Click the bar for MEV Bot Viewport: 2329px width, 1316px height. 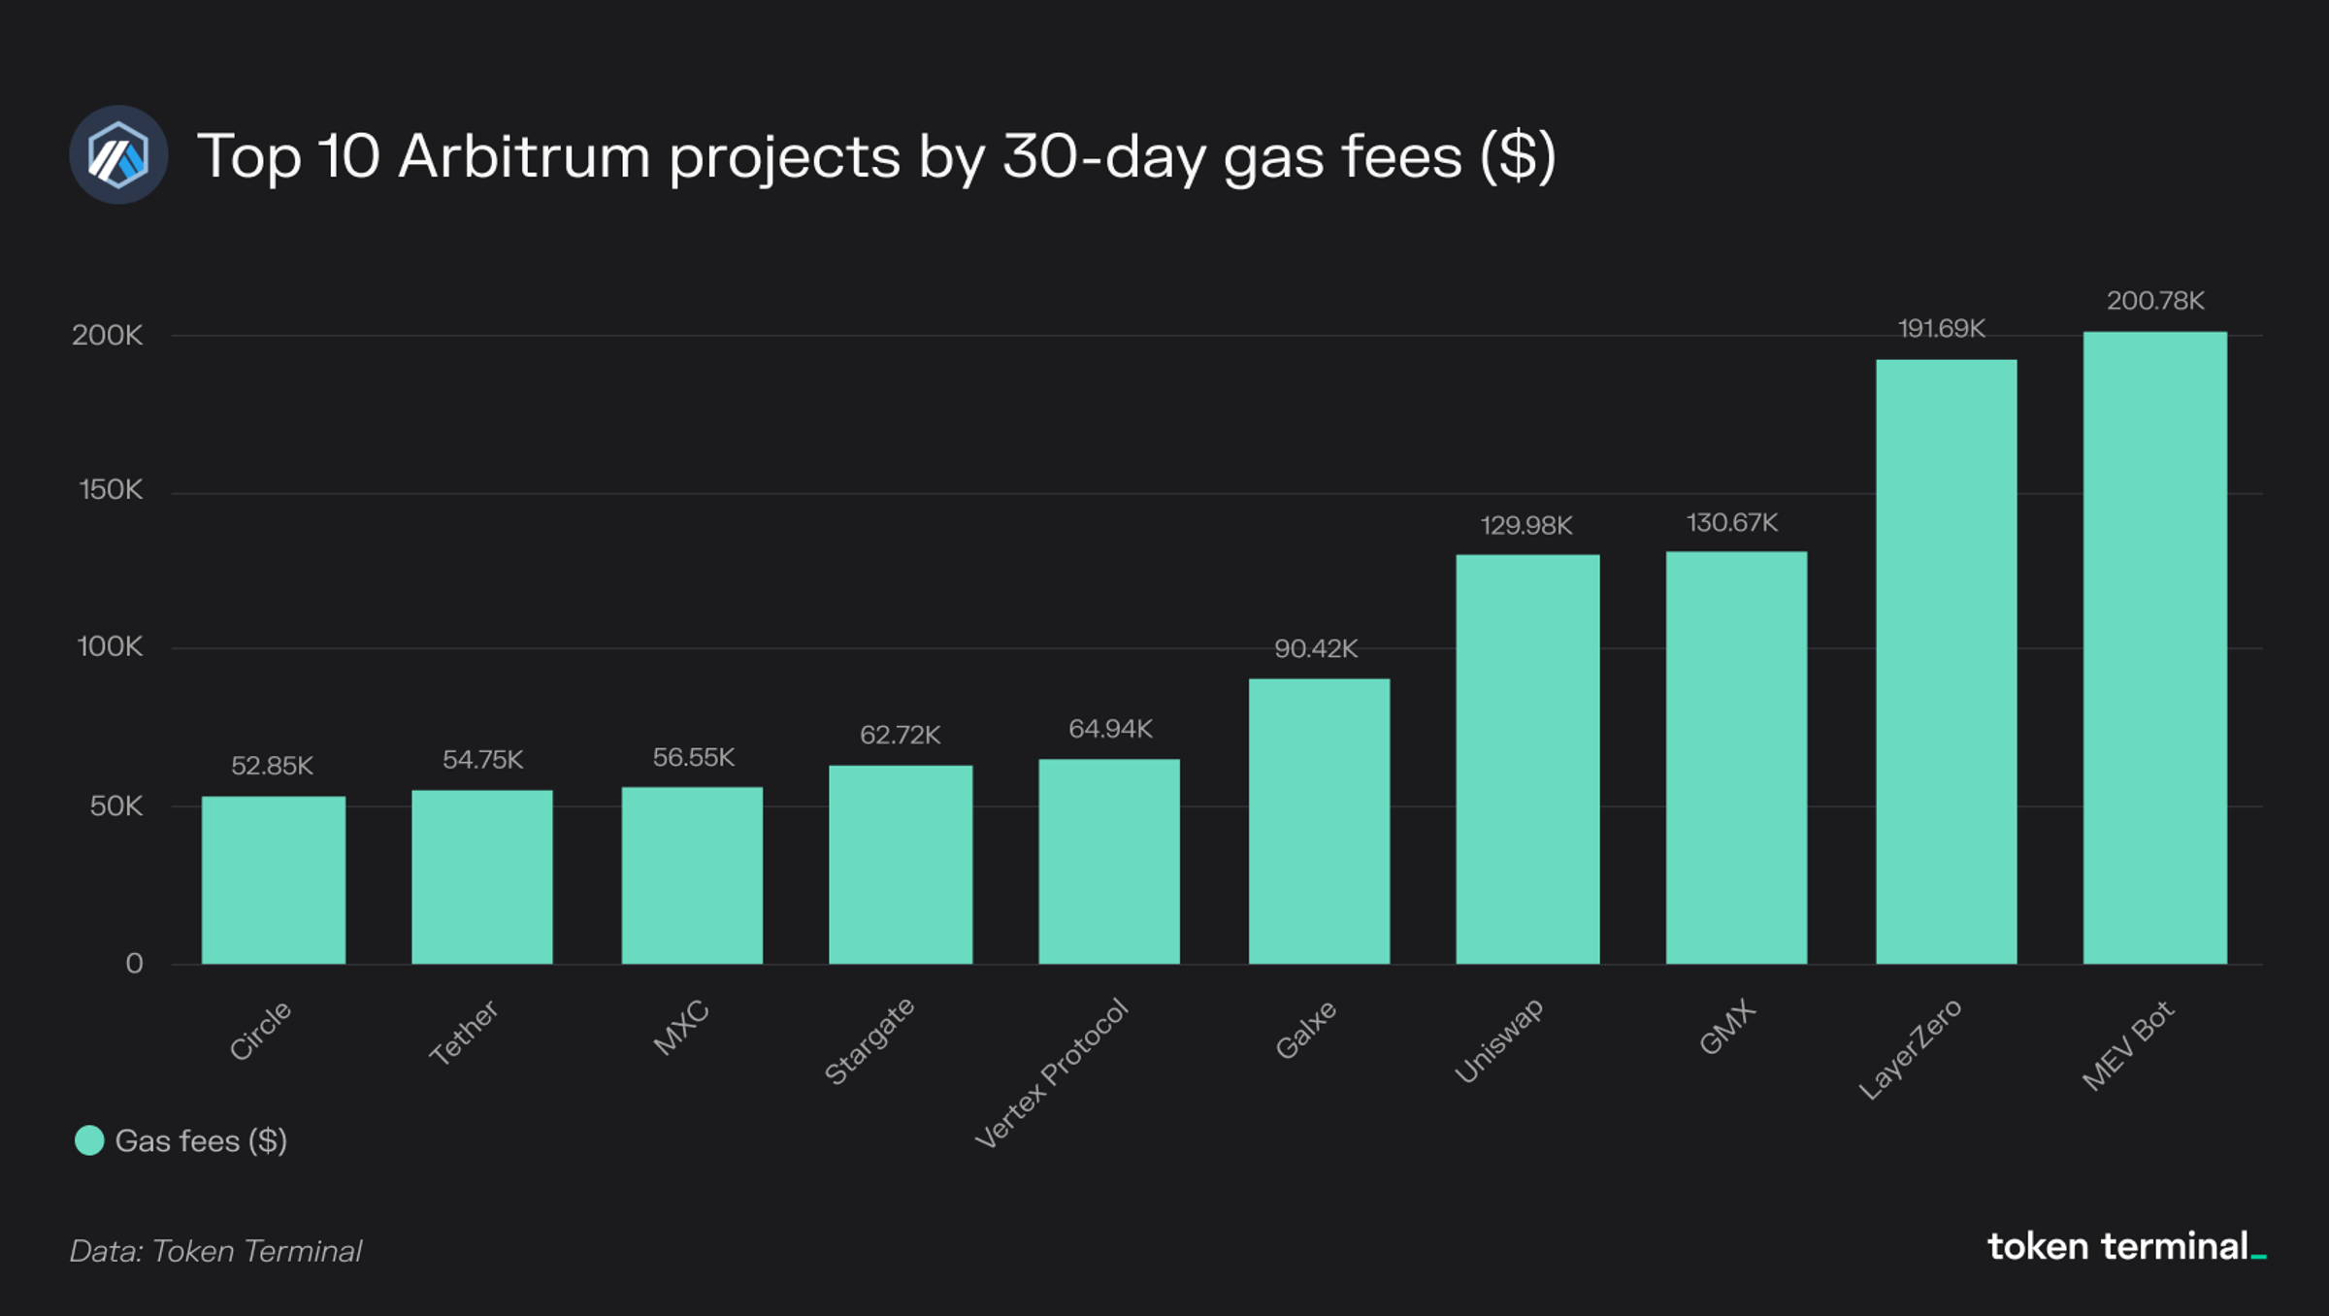tap(2154, 647)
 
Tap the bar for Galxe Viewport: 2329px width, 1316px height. tap(1319, 821)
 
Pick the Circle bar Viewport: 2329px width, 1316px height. tap(274, 879)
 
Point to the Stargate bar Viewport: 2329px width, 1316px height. tap(901, 864)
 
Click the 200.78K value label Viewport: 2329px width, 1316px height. tap(2155, 301)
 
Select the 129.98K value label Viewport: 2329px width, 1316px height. tap(1525, 526)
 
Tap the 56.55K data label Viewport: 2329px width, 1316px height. tap(693, 757)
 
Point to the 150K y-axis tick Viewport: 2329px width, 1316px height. tap(111, 490)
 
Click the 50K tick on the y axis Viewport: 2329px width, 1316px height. tap(115, 806)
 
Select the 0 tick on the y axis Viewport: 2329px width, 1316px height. tap(134, 963)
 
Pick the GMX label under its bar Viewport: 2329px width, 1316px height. tap(1727, 1027)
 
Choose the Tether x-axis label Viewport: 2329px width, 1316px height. tap(464, 1032)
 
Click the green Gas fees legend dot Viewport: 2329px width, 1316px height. tap(89, 1140)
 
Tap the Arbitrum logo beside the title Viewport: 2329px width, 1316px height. tap(118, 155)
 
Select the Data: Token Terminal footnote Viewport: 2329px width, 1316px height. tap(215, 1251)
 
